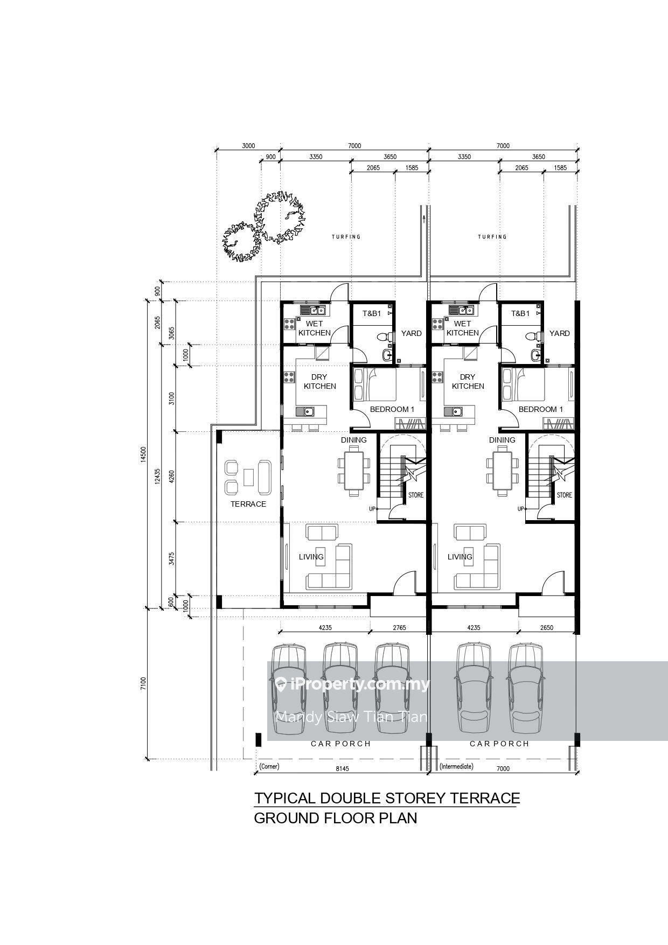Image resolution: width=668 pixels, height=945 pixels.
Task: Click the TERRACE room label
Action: point(248,504)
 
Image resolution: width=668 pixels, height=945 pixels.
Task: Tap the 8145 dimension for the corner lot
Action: point(342,768)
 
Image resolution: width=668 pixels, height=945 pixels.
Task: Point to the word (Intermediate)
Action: point(456,766)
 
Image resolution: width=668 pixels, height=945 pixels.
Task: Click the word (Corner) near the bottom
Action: point(269,766)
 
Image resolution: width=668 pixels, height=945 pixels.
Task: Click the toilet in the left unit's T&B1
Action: point(382,337)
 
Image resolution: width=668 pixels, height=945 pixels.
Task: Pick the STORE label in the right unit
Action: point(565,495)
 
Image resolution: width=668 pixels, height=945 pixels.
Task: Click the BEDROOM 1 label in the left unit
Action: point(392,409)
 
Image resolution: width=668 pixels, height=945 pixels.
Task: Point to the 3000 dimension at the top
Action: point(248,146)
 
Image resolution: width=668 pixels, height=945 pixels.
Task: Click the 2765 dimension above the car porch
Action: point(399,627)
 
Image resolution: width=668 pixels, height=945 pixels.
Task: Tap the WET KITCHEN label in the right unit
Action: point(463,328)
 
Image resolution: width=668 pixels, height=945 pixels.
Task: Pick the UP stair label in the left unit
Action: point(372,509)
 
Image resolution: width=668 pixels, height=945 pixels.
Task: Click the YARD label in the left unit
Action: point(412,333)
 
